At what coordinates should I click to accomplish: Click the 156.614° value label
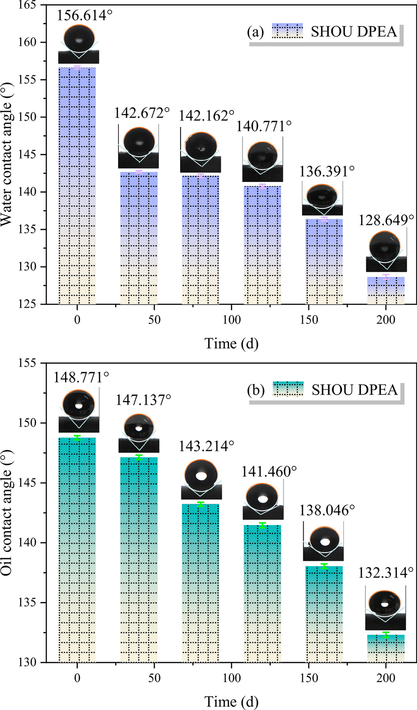click(84, 16)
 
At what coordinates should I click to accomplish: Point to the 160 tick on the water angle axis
click(28, 42)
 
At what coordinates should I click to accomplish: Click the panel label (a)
click(255, 32)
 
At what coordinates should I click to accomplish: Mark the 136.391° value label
click(327, 171)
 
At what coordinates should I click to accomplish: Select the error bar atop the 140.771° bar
click(262, 186)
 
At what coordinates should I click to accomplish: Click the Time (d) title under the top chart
click(231, 343)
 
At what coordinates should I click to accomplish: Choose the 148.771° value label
click(81, 377)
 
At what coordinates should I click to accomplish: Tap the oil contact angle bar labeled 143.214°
click(200, 582)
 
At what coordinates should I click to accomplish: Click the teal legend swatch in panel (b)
click(288, 389)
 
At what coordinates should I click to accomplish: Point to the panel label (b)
click(255, 390)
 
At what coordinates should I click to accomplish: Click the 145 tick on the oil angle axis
click(28, 483)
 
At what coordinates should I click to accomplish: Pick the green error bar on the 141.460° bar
click(262, 525)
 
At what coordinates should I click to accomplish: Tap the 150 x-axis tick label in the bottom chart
click(309, 678)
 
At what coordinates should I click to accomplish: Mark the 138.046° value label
click(327, 510)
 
